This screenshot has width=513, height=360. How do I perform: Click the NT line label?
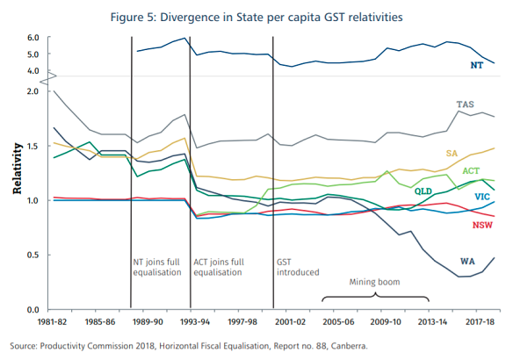(476, 66)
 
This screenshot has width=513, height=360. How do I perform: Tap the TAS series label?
(466, 104)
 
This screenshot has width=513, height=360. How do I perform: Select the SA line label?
(452, 153)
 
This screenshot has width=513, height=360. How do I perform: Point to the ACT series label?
(471, 170)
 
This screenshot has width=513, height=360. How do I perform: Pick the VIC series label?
(481, 197)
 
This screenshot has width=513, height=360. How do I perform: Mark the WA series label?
(469, 262)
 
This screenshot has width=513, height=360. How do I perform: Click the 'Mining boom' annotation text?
(376, 282)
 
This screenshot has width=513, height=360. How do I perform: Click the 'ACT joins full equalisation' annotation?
(220, 267)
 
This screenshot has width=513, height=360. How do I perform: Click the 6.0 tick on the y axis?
(33, 38)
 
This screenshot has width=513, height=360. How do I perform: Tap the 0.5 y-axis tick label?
(33, 256)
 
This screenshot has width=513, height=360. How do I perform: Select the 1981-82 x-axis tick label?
(54, 323)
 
